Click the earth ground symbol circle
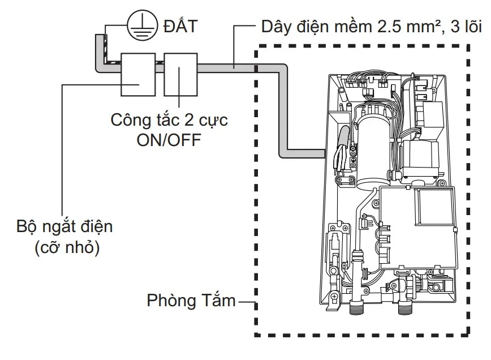point(140,27)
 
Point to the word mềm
point(352,27)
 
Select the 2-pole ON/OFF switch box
point(180,75)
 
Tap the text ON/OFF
point(169,139)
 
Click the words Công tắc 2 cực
point(169,121)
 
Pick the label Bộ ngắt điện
point(64,227)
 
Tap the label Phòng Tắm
point(191,300)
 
